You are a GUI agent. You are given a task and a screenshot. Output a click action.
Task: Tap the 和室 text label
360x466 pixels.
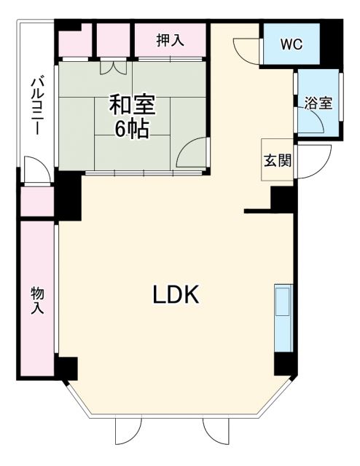click(132, 105)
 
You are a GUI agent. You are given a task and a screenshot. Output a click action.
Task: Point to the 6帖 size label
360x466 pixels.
click(132, 130)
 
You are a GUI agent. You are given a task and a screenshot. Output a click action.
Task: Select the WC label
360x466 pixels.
click(293, 43)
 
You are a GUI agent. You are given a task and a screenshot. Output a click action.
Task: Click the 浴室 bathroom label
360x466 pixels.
click(318, 103)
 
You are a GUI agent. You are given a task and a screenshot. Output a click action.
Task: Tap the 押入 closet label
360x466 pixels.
click(170, 40)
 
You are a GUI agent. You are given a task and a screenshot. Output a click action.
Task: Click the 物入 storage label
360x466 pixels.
click(37, 299)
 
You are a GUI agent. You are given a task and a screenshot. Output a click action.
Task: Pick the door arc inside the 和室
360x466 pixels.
click(191, 154)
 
